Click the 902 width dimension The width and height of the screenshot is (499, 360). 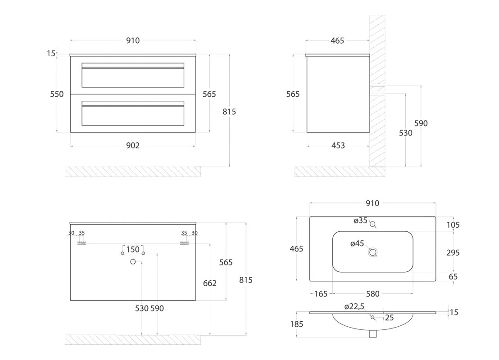point(133,145)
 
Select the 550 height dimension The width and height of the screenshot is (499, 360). point(57,94)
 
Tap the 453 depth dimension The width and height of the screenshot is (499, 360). point(338,145)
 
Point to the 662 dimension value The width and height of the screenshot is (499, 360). point(210,283)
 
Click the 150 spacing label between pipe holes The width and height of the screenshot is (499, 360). point(133,249)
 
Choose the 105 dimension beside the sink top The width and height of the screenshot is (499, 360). point(453,225)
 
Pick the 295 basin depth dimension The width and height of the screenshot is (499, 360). point(453,252)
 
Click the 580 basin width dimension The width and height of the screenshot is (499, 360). point(372,294)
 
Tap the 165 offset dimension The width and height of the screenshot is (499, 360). point(321,294)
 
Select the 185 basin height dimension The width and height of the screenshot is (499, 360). point(297,324)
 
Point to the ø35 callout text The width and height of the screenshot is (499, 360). point(361,220)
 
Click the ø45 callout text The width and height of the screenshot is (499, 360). point(357,243)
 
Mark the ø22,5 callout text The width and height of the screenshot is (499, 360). point(354,306)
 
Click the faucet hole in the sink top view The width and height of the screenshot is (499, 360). point(372,224)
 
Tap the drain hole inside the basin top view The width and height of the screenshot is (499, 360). point(372,252)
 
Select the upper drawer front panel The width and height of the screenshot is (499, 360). point(133,75)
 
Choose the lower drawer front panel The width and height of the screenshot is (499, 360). point(133,113)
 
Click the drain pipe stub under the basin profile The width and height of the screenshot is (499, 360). point(372,333)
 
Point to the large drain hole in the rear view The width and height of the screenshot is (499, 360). point(133,262)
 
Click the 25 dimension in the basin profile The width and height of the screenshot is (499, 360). point(389,318)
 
